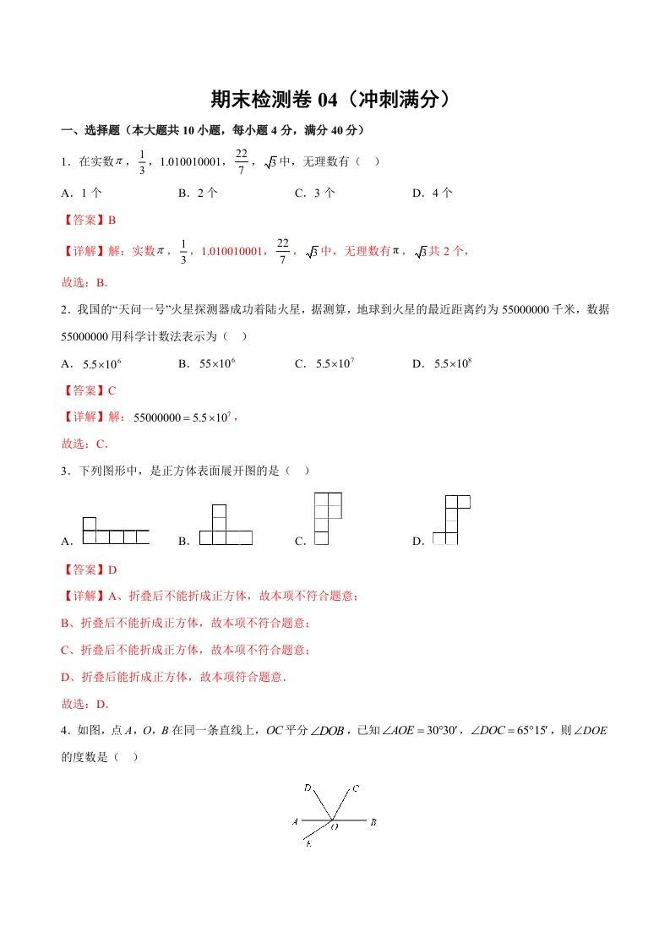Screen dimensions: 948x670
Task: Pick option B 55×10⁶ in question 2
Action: point(206,363)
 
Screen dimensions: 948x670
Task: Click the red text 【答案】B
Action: point(89,220)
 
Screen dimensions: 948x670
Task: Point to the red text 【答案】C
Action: point(89,390)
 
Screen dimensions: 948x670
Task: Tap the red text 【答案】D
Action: point(89,569)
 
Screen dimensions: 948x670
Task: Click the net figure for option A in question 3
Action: point(116,531)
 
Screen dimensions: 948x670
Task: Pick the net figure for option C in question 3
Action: point(327,519)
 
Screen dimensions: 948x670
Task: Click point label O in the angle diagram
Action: point(335,828)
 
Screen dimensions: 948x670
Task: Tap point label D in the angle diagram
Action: point(308,788)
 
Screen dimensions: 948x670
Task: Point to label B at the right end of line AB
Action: point(373,821)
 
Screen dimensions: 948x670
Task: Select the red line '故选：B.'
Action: point(84,283)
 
